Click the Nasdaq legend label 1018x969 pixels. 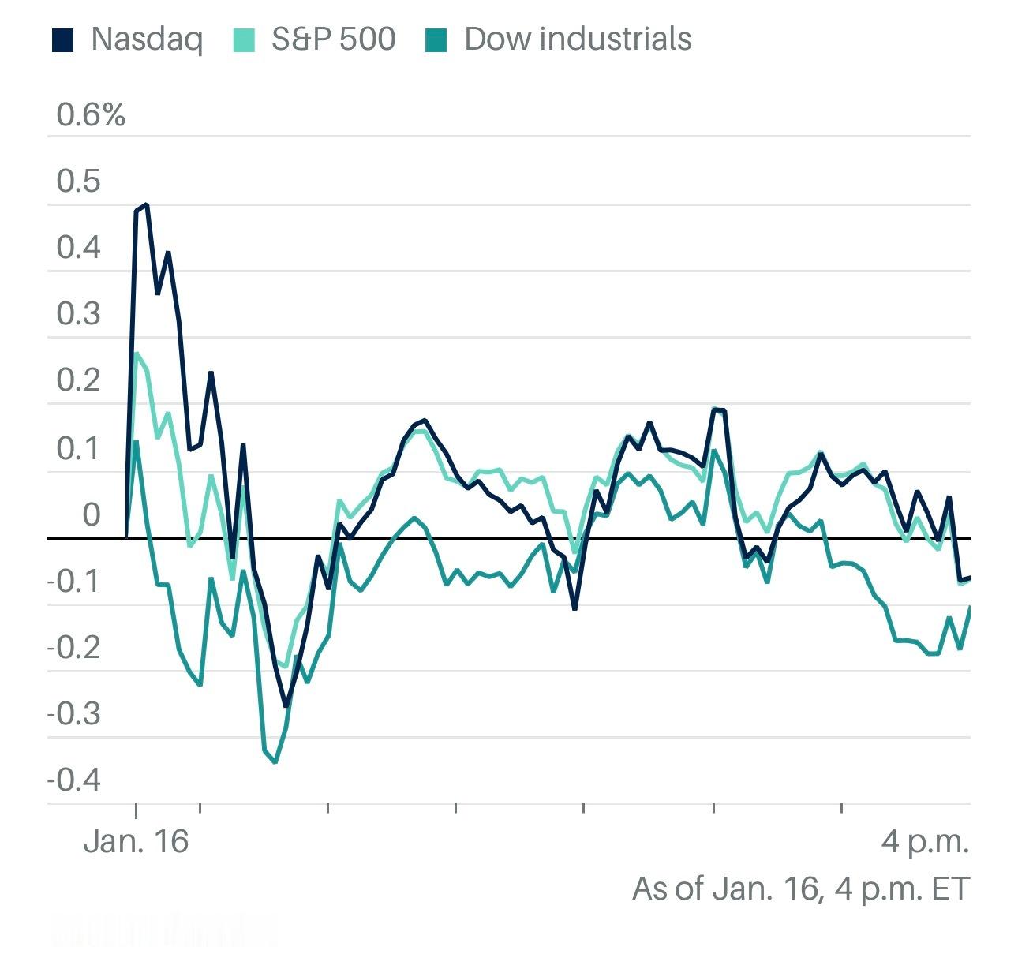tap(147, 39)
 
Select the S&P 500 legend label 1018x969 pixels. tap(333, 39)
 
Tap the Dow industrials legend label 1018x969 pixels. tap(578, 39)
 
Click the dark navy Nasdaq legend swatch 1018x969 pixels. tap(63, 39)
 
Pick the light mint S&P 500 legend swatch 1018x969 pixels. tap(244, 39)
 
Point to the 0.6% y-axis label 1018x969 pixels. tap(91, 115)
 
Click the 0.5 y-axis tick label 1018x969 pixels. tap(79, 181)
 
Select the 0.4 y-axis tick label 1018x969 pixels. tap(79, 248)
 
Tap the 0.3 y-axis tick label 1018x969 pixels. tap(79, 314)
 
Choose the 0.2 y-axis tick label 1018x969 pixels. tap(79, 380)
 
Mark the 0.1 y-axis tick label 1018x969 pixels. tap(79, 448)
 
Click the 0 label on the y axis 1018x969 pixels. tap(92, 514)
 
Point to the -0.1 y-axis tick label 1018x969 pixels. tap(74, 582)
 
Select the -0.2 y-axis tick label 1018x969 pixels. tap(74, 648)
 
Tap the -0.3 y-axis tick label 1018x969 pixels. tap(74, 714)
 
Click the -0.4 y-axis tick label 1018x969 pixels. tap(74, 780)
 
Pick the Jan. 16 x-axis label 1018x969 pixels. tap(136, 841)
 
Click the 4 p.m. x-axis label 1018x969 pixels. tap(925, 841)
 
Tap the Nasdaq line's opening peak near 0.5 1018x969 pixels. tap(147, 205)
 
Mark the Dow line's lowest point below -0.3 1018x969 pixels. tap(275, 762)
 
